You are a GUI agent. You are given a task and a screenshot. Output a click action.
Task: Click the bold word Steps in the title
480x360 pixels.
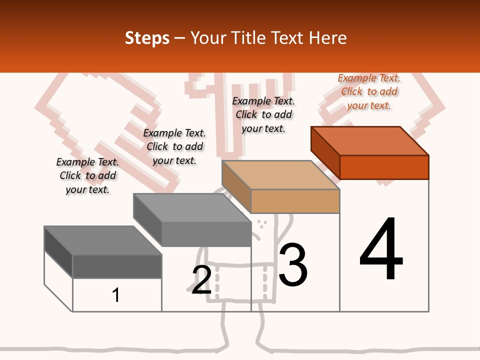(147, 38)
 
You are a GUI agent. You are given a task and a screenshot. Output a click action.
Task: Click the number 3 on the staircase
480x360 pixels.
(293, 264)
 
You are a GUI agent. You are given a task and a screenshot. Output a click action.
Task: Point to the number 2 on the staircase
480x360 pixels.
(201, 280)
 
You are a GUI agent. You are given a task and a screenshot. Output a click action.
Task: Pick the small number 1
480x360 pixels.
(115, 295)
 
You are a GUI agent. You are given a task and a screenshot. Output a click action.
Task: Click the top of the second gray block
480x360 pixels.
(192, 208)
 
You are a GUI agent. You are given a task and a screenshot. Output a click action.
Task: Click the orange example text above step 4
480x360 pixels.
(369, 91)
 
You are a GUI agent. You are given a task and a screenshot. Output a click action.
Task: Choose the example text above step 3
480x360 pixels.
(263, 114)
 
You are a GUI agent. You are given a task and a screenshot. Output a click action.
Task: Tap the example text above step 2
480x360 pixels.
(174, 146)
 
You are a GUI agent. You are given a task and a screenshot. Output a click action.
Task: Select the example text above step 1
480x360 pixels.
(87, 175)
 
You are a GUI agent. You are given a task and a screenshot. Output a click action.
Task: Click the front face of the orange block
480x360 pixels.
(384, 167)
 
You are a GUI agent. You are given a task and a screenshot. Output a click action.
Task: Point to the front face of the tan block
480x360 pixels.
(295, 201)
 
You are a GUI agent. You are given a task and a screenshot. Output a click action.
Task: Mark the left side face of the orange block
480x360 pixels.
(325, 153)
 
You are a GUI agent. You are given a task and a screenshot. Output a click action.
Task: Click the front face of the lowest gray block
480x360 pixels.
(117, 266)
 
